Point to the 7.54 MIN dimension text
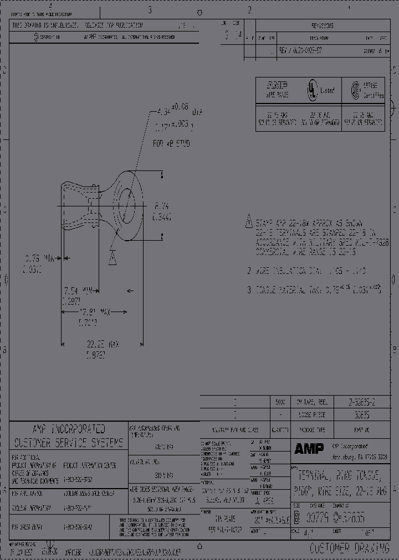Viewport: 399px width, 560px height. point(78,290)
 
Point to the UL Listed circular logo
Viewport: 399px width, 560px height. point(313,90)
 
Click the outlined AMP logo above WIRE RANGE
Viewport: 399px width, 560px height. point(277,86)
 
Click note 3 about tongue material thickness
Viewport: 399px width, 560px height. point(314,289)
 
